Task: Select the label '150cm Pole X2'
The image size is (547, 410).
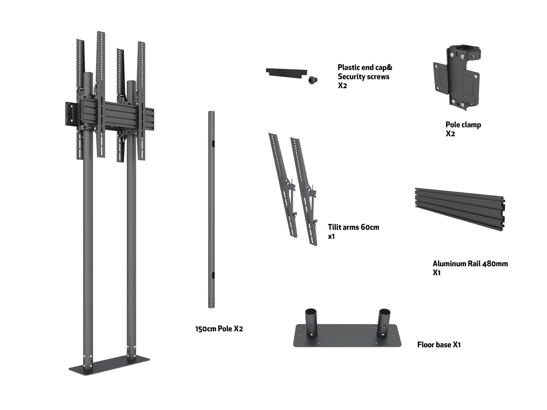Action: [219, 329]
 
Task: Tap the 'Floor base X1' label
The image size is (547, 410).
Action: [439, 345]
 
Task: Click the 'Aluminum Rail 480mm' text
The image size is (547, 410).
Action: [470, 264]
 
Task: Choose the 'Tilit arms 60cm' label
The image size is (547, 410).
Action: [353, 227]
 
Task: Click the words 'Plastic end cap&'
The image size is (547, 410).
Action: [365, 67]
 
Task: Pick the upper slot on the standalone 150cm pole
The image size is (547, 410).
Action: [213, 144]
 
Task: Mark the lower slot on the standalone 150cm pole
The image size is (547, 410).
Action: [213, 275]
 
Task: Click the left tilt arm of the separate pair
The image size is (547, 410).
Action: [282, 185]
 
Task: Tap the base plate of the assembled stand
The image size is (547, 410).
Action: [109, 364]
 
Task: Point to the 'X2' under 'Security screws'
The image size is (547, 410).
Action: [343, 86]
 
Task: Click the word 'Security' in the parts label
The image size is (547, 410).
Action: [351, 77]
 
